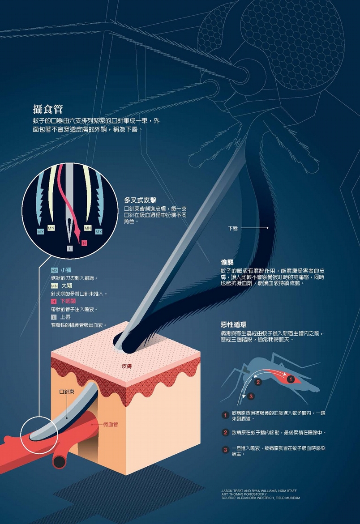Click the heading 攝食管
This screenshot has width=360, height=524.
pyautogui.click(x=48, y=109)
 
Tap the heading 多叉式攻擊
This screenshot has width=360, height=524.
pyautogui.click(x=141, y=200)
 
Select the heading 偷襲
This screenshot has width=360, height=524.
pyautogui.click(x=227, y=262)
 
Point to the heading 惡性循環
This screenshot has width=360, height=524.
pyautogui.click(x=234, y=324)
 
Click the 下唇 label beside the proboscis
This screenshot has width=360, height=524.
pyautogui.click(x=233, y=228)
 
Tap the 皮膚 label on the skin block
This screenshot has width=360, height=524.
pyautogui.click(x=127, y=366)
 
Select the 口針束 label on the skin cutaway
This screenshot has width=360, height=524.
pyautogui.click(x=67, y=392)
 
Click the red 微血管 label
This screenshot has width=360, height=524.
pyautogui.click(x=110, y=424)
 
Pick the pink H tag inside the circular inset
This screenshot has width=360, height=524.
pyautogui.click(x=84, y=243)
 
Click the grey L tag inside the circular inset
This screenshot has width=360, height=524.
pyautogui.click(x=69, y=248)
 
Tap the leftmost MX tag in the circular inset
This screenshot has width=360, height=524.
pyautogui.click(x=40, y=232)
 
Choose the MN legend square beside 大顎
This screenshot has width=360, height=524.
pyautogui.click(x=55, y=286)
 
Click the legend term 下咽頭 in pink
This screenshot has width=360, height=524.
pyautogui.click(x=68, y=301)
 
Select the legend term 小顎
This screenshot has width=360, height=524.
pyautogui.click(x=66, y=270)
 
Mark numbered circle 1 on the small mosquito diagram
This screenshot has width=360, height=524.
pyautogui.click(x=291, y=379)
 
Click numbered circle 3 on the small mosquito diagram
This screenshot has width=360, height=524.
pyautogui.click(x=251, y=396)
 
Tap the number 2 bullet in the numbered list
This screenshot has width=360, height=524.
pyautogui.click(x=225, y=432)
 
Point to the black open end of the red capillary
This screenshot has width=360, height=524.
pyautogui.click(x=60, y=462)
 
